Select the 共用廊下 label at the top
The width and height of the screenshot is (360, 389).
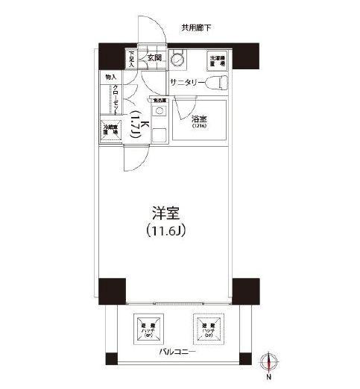[196, 28]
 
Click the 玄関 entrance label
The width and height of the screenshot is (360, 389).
[154, 57]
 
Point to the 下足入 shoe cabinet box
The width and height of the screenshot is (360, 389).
[130, 59]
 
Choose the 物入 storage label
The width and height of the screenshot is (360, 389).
[110, 77]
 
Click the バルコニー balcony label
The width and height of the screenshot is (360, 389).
[177, 351]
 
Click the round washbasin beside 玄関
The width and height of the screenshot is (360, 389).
[178, 59]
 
